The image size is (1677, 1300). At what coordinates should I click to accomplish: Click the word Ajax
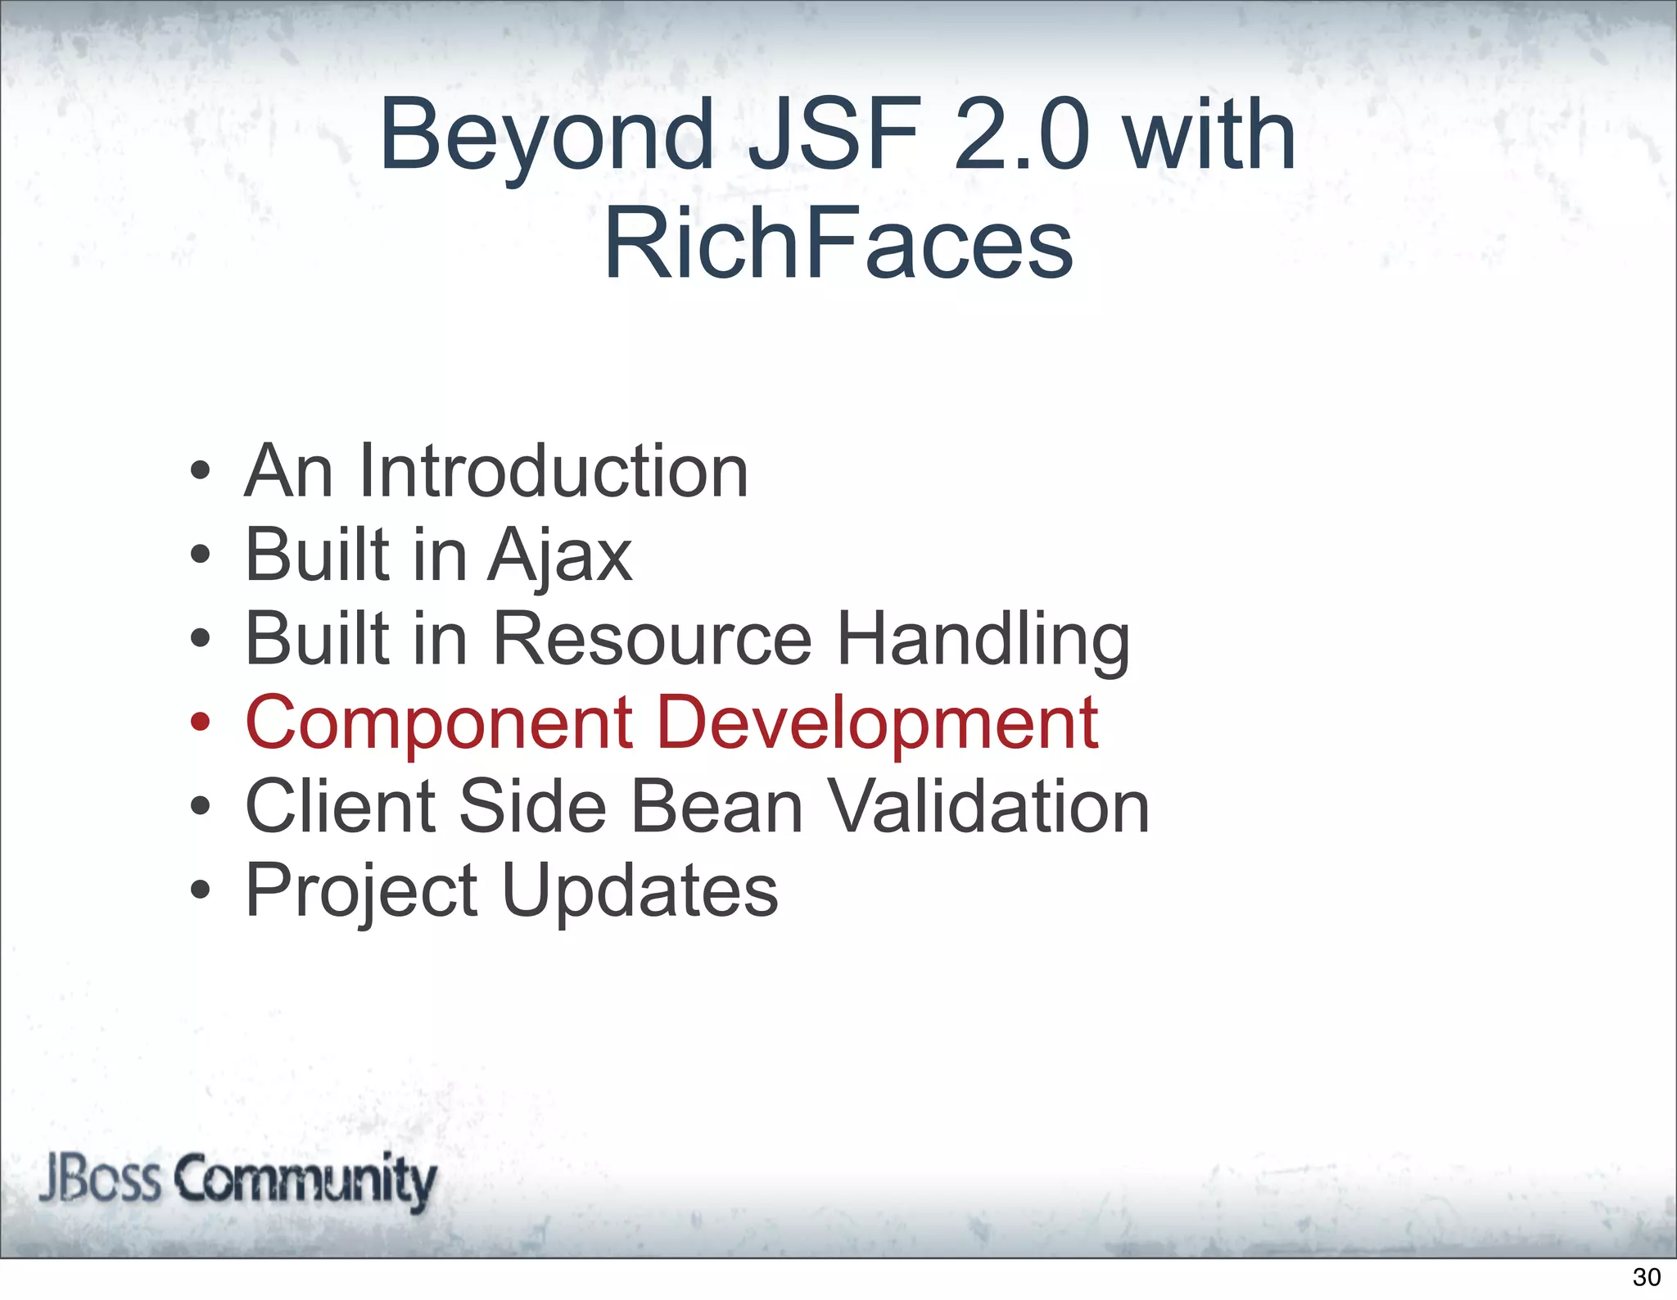560,557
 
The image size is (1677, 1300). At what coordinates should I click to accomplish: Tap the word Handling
983,641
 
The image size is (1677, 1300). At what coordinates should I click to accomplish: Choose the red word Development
877,724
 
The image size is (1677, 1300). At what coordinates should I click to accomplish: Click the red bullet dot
200,723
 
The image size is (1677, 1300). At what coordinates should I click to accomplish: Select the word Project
361,892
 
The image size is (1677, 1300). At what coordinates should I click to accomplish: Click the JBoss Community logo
237,1180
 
